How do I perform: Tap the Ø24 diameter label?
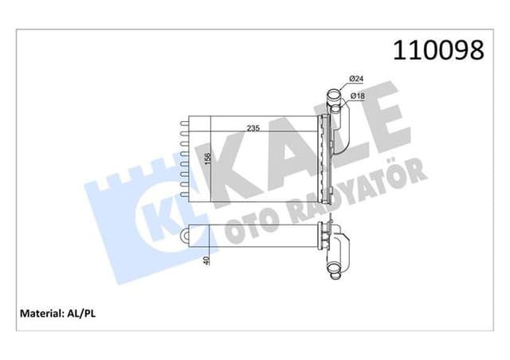tap(356, 79)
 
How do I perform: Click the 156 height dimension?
tap(206, 160)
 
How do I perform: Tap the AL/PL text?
tap(83, 313)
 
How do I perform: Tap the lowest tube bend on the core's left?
tap(185, 191)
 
